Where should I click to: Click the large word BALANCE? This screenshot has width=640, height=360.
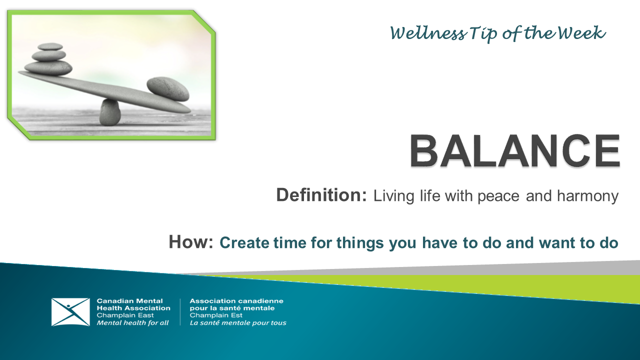[x=515, y=151]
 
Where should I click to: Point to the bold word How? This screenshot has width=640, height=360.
[x=191, y=242]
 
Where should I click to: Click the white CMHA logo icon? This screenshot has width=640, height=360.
[x=70, y=312]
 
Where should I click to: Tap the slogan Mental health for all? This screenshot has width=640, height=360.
[x=132, y=323]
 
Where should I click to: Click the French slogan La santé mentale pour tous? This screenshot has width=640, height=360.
[x=238, y=323]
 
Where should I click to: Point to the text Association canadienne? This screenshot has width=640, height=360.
[x=236, y=301]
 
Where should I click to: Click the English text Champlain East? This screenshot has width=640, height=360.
[x=125, y=315]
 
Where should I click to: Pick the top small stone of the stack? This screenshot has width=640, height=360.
[x=50, y=46]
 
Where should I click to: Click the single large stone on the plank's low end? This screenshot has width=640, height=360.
[x=168, y=88]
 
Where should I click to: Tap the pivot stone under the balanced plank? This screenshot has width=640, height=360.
[x=110, y=112]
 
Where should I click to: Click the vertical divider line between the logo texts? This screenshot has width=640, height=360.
[x=180, y=312]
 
